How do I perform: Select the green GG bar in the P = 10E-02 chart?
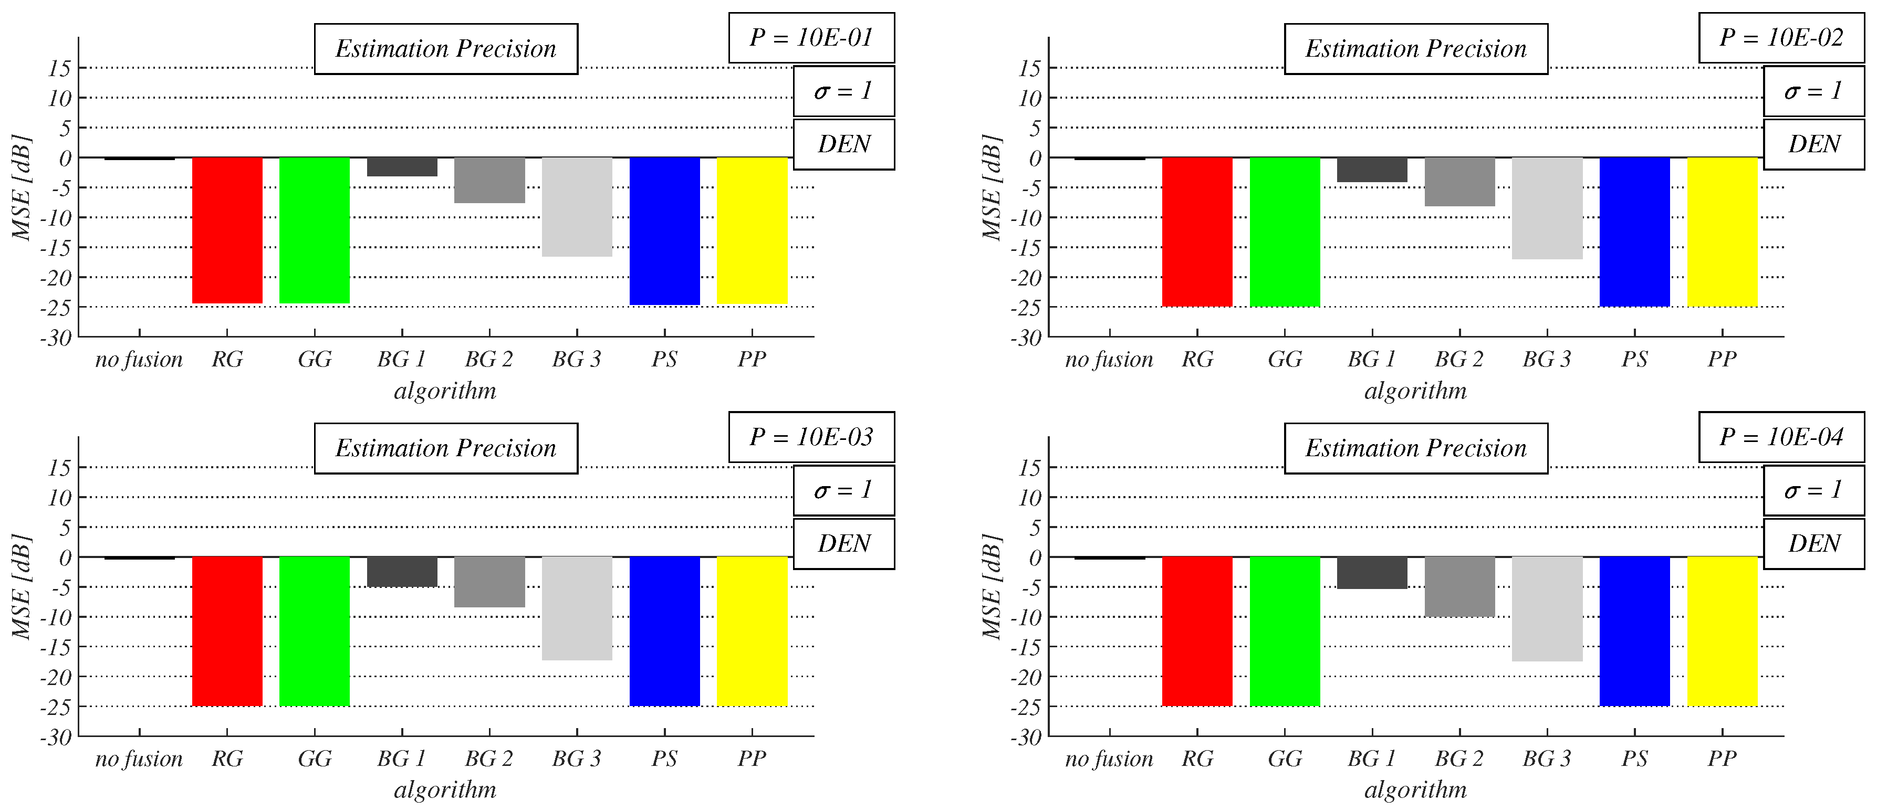coord(1285,232)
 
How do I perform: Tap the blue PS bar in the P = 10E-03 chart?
coord(664,631)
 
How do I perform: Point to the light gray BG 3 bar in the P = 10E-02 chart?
coord(1547,208)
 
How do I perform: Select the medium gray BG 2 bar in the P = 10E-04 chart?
coord(1459,586)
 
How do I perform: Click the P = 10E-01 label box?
coord(811,38)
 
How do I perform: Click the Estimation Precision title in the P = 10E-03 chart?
coord(446,448)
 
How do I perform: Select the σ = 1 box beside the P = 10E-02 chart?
coord(1813,91)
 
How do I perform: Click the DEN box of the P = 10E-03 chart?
coord(844,543)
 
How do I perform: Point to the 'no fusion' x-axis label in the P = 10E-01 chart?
coord(139,359)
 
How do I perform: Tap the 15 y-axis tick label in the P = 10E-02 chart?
coord(1029,68)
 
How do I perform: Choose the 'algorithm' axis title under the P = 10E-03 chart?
coord(445,790)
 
